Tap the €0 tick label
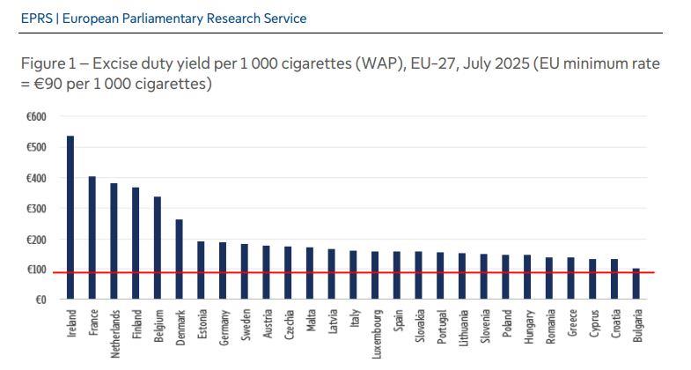(x=40, y=300)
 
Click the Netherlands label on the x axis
(x=114, y=332)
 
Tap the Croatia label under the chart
(x=615, y=325)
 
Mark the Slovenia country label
(x=485, y=326)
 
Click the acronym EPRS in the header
(x=35, y=18)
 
